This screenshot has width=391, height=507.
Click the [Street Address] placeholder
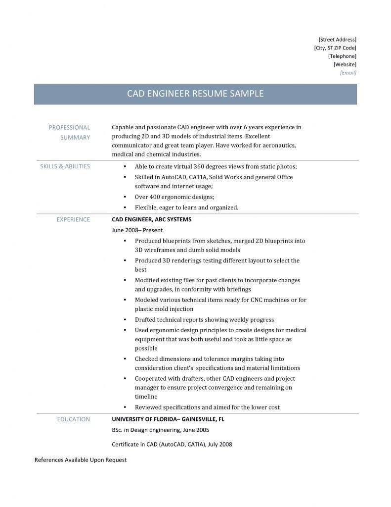pyautogui.click(x=337, y=39)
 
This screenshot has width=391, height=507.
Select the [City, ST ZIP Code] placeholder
pyautogui.click(x=335, y=48)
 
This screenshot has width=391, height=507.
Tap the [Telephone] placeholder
pyautogui.click(x=342, y=56)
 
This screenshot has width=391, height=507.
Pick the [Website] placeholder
pyautogui.click(x=345, y=64)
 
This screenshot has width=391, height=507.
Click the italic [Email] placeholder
pyautogui.click(x=348, y=73)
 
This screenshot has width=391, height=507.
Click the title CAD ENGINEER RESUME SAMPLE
pyautogui.click(x=195, y=94)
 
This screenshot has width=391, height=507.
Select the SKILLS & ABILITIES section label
pyautogui.click(x=65, y=166)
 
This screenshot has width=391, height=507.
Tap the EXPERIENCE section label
pyautogui.click(x=73, y=219)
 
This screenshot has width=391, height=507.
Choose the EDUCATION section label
pyautogui.click(x=73, y=419)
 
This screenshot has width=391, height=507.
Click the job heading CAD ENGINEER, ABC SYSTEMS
pyautogui.click(x=151, y=219)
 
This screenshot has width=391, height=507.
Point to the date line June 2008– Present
pyautogui.click(x=137, y=230)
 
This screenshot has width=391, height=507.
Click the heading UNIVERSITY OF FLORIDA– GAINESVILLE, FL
pyautogui.click(x=168, y=419)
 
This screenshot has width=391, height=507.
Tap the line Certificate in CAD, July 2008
pyautogui.click(x=172, y=445)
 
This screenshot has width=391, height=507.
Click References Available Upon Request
pyautogui.click(x=80, y=460)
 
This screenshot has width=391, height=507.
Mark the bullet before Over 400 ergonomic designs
pyautogui.click(x=124, y=197)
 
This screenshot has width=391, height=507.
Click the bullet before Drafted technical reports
pyautogui.click(x=124, y=320)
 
